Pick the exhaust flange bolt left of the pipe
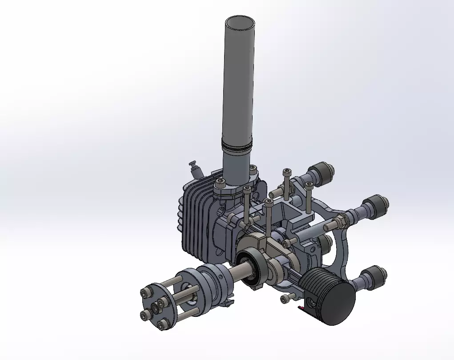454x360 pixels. tap(219, 183)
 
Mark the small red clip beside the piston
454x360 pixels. tap(302, 307)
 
